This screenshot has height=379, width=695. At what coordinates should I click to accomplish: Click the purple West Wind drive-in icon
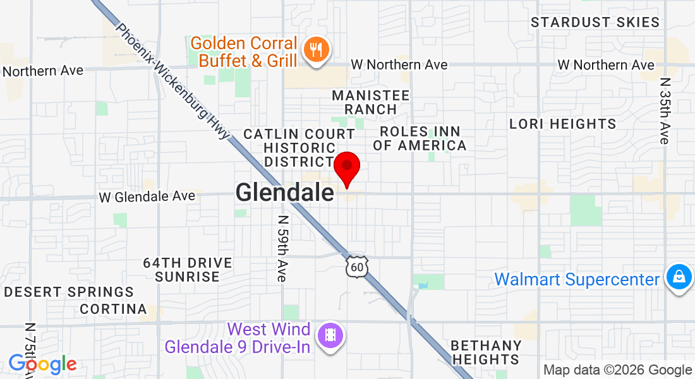pyautogui.click(x=330, y=335)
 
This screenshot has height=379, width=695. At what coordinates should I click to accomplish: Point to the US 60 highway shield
pyautogui.click(x=357, y=267)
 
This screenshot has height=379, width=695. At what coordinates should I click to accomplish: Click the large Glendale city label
pyautogui.click(x=284, y=193)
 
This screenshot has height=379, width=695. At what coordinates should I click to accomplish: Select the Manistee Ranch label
pyautogui.click(x=371, y=102)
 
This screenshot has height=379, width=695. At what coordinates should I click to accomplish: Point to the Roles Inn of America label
pyautogui.click(x=420, y=138)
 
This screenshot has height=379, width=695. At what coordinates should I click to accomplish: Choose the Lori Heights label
pyautogui.click(x=563, y=124)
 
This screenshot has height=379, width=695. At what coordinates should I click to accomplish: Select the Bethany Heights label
pyautogui.click(x=486, y=352)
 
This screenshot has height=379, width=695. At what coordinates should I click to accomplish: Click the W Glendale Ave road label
pyautogui.click(x=147, y=197)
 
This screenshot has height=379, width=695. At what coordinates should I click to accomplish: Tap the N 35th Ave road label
pyautogui.click(x=664, y=111)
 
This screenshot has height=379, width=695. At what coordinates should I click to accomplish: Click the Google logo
pyautogui.click(x=42, y=364)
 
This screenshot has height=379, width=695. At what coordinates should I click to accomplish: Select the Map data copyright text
pyautogui.click(x=617, y=370)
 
